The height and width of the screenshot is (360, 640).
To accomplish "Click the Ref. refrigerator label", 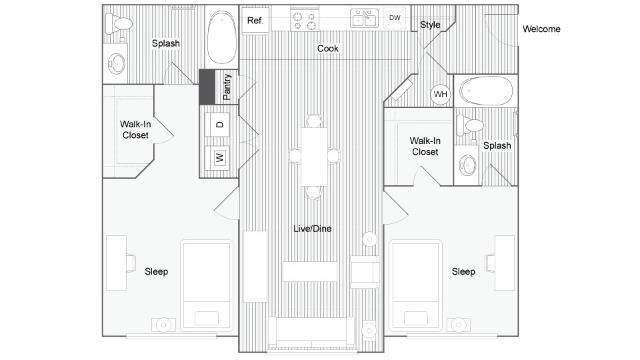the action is pyautogui.click(x=255, y=20).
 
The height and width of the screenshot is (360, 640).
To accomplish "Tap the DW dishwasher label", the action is pyautogui.click(x=395, y=18).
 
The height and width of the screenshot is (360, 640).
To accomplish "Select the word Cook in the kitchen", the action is pyautogui.click(x=328, y=49).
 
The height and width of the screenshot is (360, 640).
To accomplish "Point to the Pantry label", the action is pyautogui.click(x=227, y=87).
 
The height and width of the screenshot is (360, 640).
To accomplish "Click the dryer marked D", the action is pyautogui.click(x=220, y=124).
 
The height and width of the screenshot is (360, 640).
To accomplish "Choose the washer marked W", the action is pyautogui.click(x=220, y=157).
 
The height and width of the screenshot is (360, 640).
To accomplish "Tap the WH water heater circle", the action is pyautogui.click(x=440, y=94).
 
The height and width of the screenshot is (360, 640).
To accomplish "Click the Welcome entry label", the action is pyautogui.click(x=541, y=29).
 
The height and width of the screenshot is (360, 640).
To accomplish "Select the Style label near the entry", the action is pyautogui.click(x=430, y=25).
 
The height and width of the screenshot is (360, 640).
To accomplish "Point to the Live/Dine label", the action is pyautogui.click(x=312, y=229).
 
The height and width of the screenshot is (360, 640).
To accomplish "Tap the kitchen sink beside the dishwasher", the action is pyautogui.click(x=364, y=18).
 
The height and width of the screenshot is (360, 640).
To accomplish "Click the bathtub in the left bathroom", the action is pyautogui.click(x=222, y=38).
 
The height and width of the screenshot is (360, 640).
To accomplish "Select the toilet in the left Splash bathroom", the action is pyautogui.click(x=119, y=24).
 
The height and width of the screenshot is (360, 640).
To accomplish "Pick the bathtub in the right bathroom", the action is pyautogui.click(x=486, y=91).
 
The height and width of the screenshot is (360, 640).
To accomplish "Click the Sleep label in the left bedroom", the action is pyautogui.click(x=156, y=272).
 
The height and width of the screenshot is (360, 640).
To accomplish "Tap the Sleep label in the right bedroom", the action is pyautogui.click(x=463, y=272).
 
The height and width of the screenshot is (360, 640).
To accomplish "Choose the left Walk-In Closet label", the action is pyautogui.click(x=136, y=129).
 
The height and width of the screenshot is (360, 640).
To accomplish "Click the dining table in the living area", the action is pyautogui.click(x=314, y=157).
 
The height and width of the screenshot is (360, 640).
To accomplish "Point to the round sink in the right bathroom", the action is pyautogui.click(x=467, y=165).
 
